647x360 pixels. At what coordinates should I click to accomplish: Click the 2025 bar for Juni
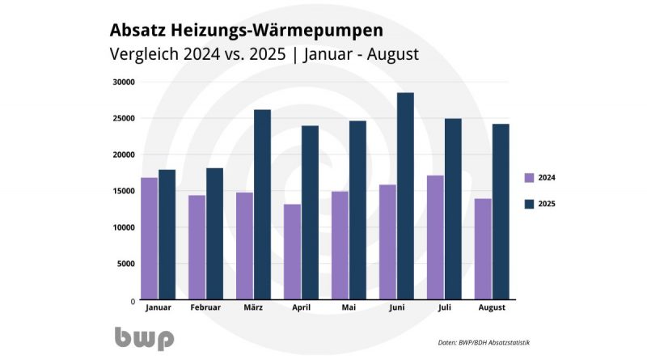click(x=405, y=197)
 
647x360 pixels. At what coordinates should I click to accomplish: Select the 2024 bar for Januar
click(x=149, y=239)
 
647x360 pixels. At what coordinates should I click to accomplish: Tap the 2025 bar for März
click(x=262, y=205)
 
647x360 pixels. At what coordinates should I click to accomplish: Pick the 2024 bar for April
click(x=292, y=252)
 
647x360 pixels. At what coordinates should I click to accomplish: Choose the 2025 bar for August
click(x=500, y=212)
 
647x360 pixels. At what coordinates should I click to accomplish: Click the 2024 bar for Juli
click(x=434, y=237)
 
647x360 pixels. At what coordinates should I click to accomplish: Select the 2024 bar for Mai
click(x=340, y=245)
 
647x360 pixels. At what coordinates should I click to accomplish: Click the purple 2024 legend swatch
click(x=529, y=178)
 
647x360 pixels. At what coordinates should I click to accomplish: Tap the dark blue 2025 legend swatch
click(x=529, y=204)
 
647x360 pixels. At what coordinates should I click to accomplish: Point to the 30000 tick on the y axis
click(x=124, y=82)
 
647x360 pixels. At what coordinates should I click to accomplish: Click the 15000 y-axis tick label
click(x=124, y=191)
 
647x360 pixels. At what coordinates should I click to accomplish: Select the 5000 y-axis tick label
click(x=126, y=264)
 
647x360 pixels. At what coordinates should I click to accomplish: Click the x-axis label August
click(x=492, y=308)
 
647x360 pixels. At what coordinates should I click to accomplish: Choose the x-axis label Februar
click(x=205, y=308)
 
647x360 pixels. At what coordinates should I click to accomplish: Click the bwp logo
click(x=143, y=337)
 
